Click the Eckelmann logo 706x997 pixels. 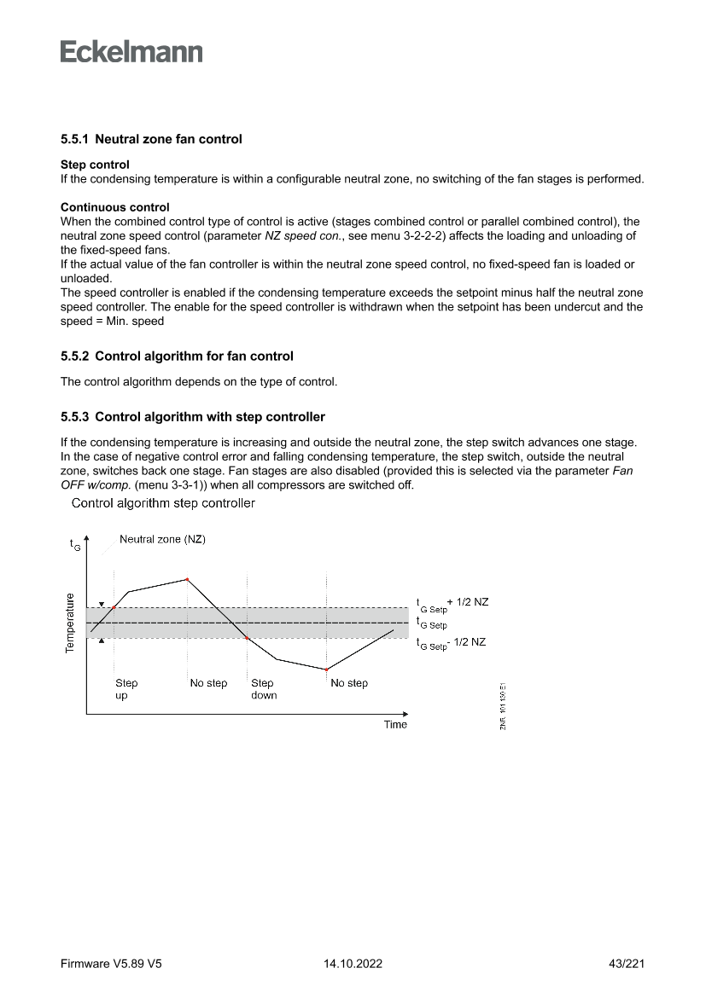(x=131, y=52)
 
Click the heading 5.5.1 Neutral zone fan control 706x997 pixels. (x=151, y=139)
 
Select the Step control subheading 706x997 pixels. (x=95, y=164)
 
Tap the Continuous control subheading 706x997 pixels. (x=114, y=207)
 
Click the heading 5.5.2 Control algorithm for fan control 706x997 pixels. (x=177, y=356)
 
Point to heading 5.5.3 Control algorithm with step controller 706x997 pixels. (x=192, y=417)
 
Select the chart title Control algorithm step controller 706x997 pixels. (x=163, y=503)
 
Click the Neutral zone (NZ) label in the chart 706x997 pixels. (x=162, y=540)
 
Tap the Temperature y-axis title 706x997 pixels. (x=70, y=623)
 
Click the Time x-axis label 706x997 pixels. (x=395, y=725)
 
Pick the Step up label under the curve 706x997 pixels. (x=126, y=689)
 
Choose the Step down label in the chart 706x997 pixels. (x=263, y=689)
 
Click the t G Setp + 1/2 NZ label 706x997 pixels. (x=452, y=603)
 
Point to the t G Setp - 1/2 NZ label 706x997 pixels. (x=451, y=643)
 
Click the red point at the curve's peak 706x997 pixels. (x=187, y=579)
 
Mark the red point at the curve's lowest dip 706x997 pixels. (x=326, y=669)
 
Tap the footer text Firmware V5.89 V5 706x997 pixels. (x=111, y=965)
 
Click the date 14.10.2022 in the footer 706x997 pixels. (x=353, y=965)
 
